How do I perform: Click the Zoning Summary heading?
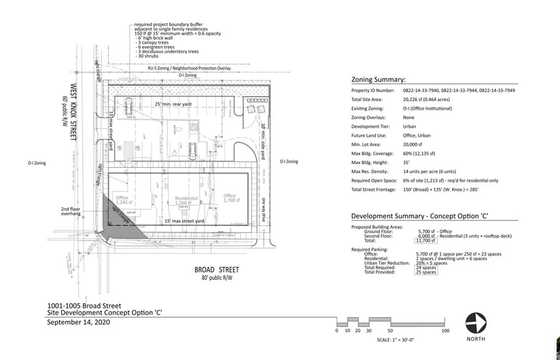(377, 80)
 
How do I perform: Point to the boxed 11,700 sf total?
(426, 241)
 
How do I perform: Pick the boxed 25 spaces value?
(426, 272)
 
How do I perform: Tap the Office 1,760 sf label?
(230, 198)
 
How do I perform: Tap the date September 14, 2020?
(76, 320)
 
